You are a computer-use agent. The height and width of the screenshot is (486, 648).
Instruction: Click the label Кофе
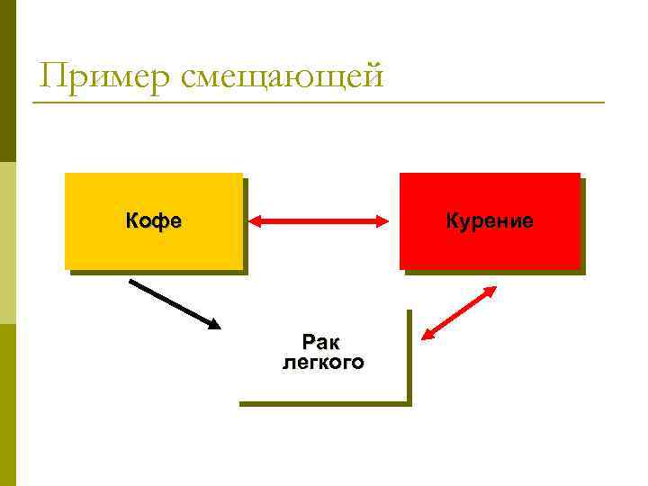153,220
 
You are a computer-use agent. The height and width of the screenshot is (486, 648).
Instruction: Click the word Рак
321,343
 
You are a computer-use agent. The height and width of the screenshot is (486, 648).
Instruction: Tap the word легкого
323,363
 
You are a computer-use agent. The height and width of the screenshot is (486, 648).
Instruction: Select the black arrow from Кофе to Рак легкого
174,303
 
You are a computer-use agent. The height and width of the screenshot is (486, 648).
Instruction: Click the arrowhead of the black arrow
213,323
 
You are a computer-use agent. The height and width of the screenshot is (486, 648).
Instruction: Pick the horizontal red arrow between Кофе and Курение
318,220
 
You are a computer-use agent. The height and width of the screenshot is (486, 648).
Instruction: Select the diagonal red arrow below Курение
460,313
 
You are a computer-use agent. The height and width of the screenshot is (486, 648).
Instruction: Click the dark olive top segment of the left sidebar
7,81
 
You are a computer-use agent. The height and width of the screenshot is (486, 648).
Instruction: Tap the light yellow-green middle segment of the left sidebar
7,243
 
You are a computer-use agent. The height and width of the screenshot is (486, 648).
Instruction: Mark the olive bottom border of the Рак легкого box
324,403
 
